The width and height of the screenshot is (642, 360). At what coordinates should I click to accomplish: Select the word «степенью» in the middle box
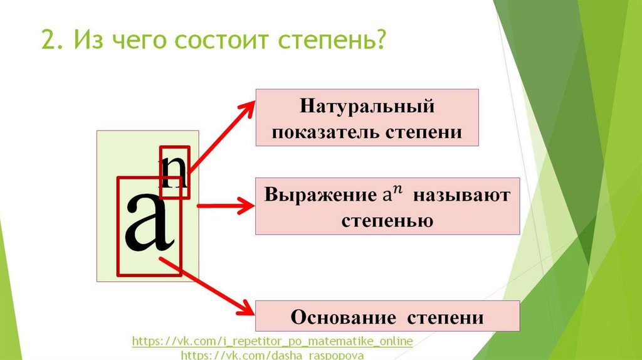(387, 221)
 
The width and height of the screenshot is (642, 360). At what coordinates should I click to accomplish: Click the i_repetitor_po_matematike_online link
(273, 342)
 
